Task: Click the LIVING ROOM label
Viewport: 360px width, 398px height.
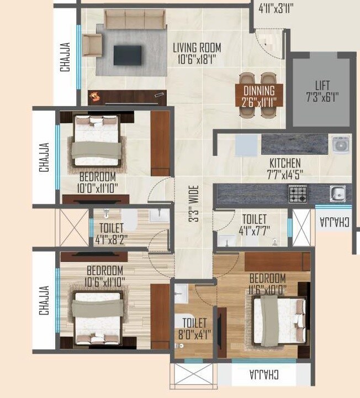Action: pos(196,48)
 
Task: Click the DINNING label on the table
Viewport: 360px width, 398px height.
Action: pos(259,91)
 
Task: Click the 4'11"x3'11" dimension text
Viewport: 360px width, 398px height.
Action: pos(276,8)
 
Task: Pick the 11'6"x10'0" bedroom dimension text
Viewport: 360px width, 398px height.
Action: pos(267,288)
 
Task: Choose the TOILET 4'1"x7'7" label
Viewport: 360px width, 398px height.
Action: pos(253,226)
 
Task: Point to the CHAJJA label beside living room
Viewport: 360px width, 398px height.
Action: pos(66,57)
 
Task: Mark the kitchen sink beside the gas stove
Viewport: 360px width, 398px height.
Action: pos(338,193)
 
